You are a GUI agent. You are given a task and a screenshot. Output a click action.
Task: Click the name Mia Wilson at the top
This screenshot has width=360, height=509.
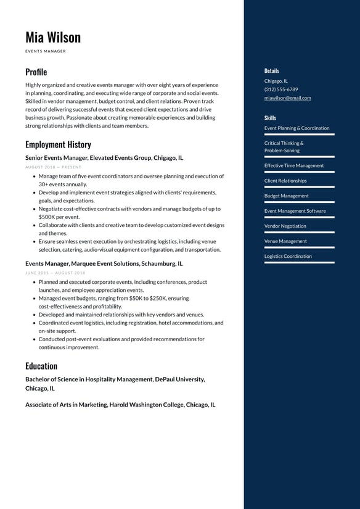tap(53, 37)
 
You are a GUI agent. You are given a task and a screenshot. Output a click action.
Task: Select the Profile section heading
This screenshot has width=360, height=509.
tap(36, 72)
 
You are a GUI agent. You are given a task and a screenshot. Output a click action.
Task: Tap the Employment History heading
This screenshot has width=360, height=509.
tap(58, 144)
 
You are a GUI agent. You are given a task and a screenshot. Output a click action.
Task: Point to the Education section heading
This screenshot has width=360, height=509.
tap(41, 366)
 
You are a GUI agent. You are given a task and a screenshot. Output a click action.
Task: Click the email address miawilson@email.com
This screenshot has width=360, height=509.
tap(287, 97)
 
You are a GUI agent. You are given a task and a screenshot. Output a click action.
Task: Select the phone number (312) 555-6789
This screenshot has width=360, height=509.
tap(281, 89)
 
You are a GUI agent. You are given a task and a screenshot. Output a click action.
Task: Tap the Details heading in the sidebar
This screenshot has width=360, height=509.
tap(272, 71)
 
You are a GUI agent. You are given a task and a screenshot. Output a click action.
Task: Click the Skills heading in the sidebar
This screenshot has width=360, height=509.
tap(270, 118)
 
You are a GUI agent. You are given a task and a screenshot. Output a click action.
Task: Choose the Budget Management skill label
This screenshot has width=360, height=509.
tap(287, 196)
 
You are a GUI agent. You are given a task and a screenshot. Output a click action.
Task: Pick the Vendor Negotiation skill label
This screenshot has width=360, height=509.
tap(285, 226)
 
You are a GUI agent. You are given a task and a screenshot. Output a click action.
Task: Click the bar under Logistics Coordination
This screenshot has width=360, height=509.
tap(300, 263)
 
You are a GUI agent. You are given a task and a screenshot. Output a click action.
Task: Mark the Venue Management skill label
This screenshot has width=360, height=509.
tap(285, 241)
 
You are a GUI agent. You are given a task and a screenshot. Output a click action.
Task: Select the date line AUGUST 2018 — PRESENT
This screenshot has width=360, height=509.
tap(53, 167)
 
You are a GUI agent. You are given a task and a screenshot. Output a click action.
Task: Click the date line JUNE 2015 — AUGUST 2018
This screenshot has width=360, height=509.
tap(55, 273)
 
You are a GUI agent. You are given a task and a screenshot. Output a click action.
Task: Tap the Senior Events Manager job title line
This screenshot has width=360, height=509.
tap(104, 158)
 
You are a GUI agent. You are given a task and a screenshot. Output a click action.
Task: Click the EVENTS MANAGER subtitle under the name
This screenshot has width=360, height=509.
tap(46, 51)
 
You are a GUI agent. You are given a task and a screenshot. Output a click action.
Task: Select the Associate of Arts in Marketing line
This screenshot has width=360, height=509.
tap(120, 405)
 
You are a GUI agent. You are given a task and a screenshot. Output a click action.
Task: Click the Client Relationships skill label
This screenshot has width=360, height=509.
tap(285, 181)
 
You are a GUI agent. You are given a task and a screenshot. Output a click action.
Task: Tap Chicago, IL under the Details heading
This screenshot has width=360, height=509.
tap(276, 81)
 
